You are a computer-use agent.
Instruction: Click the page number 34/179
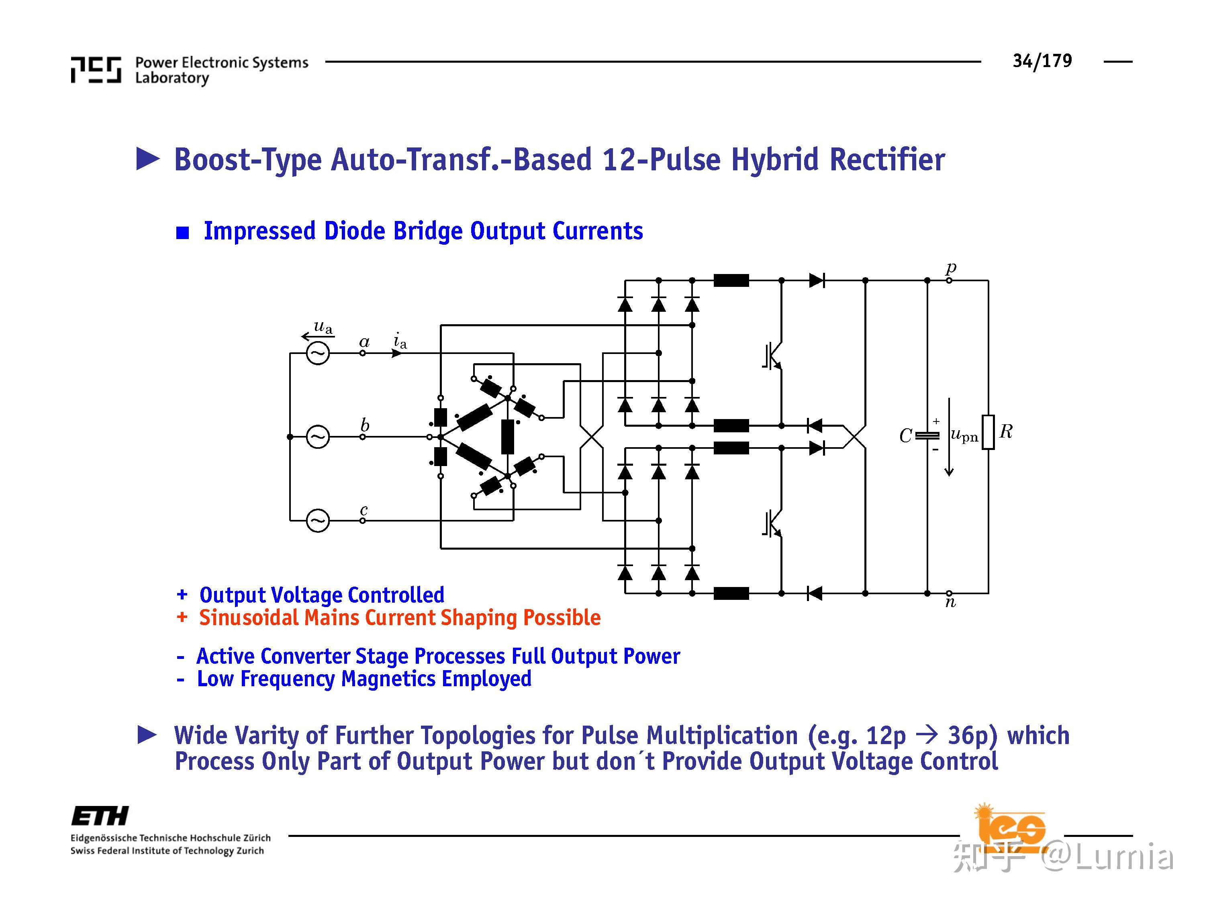1042,61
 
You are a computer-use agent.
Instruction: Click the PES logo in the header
96,70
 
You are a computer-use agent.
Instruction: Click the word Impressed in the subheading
259,231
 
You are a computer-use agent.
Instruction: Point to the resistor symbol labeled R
988,432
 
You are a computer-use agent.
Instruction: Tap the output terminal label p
951,268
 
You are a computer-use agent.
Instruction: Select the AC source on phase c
318,520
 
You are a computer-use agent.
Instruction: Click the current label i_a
400,341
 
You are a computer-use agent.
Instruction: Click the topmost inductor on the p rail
731,280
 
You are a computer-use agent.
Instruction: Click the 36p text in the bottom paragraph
972,736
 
